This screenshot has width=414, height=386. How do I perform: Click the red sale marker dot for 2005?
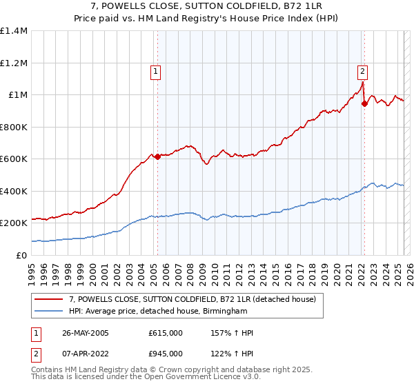157,156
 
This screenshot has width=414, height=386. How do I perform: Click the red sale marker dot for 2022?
364,104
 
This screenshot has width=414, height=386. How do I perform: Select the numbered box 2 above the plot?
362,70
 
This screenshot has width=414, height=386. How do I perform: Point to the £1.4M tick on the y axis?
13,31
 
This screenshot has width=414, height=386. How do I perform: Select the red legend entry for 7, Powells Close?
193,299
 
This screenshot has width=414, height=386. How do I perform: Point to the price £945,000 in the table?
166,354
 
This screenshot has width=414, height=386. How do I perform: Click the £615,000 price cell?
166,333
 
